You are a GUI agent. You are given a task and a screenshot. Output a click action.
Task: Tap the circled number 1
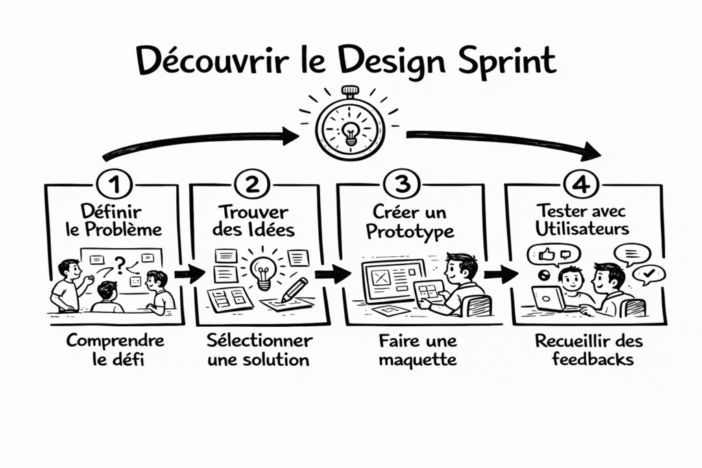pyautogui.click(x=114, y=184)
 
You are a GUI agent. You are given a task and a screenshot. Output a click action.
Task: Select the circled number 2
pyautogui.click(x=252, y=184)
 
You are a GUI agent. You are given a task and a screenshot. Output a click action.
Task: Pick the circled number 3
pyautogui.click(x=402, y=183)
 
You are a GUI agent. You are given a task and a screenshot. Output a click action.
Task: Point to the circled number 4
pyautogui.click(x=581, y=184)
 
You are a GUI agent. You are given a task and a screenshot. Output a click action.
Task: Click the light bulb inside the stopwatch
pyautogui.click(x=350, y=133)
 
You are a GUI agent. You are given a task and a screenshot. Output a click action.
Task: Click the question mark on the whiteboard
pyautogui.click(x=119, y=265)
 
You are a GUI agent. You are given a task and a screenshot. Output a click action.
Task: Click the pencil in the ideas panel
pyautogui.click(x=294, y=289)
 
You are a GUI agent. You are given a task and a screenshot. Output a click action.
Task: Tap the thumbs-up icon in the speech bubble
pyautogui.click(x=546, y=255)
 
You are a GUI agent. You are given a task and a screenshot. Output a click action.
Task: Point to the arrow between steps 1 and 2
pyautogui.click(x=189, y=273)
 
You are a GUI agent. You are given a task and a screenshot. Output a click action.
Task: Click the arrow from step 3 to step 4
pyautogui.click(x=500, y=273)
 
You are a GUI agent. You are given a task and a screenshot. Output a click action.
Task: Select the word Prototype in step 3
pyautogui.click(x=410, y=232)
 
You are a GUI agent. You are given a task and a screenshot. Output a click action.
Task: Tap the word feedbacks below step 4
pyautogui.click(x=592, y=359)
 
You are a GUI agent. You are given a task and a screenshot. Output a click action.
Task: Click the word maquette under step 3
pyautogui.click(x=417, y=360)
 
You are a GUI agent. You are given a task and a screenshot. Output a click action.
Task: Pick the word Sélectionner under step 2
pyautogui.click(x=259, y=341)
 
